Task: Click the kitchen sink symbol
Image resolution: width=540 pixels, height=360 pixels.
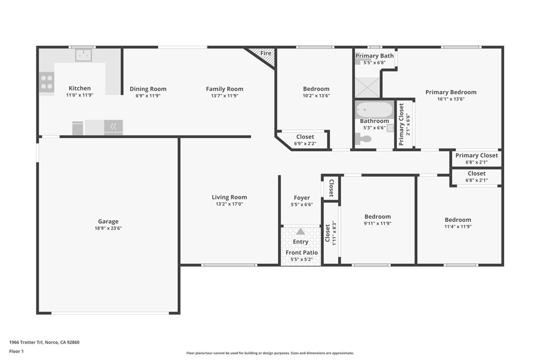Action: click(x=83, y=55)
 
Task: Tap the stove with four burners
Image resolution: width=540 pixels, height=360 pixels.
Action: click(x=46, y=82)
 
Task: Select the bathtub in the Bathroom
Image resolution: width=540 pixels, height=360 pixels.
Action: click(x=374, y=110)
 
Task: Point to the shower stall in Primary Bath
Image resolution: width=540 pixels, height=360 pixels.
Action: click(x=367, y=87)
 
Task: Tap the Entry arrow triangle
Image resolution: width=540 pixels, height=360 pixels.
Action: click(x=301, y=231)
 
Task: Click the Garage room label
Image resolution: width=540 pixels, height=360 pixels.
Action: click(x=108, y=221)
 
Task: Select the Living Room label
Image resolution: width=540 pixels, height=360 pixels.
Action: click(x=229, y=197)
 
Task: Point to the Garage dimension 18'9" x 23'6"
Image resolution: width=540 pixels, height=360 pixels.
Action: click(x=108, y=228)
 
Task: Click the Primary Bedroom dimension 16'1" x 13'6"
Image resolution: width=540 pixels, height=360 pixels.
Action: click(x=451, y=99)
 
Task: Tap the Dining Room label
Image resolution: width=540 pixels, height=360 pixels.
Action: click(x=148, y=89)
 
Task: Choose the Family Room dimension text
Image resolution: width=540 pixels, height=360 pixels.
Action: click(x=225, y=96)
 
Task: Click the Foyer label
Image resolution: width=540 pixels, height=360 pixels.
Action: click(x=302, y=198)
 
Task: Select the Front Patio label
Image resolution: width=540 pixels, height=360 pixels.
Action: click(x=302, y=252)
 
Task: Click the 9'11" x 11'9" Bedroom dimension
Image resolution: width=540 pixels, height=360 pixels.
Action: click(x=378, y=223)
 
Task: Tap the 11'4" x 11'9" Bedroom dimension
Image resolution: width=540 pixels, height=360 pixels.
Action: click(x=458, y=227)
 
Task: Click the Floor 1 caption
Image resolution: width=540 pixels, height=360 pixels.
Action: click(x=17, y=351)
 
